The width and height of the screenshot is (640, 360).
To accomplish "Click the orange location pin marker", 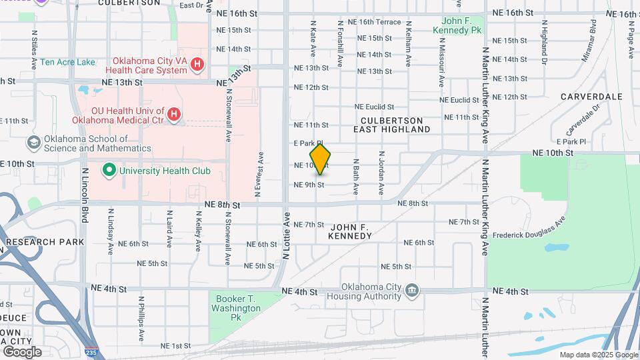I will (320, 159).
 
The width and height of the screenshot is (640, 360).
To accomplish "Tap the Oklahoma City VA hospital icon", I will (197, 65).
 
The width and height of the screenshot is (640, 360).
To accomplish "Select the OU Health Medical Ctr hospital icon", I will (173, 115).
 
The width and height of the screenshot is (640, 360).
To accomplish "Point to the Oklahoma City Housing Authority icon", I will (412, 290).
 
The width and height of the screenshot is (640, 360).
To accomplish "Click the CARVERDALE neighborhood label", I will (591, 97).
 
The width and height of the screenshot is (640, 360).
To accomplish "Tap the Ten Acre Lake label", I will (67, 62).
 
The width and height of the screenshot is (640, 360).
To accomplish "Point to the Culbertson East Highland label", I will (391, 125).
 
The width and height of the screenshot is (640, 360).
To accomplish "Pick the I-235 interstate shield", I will (93, 351).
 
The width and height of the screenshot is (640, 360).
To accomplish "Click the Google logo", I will (22, 351).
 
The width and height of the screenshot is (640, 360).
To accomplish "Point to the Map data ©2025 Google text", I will (598, 355).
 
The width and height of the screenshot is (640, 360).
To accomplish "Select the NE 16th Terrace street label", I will (379, 22).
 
